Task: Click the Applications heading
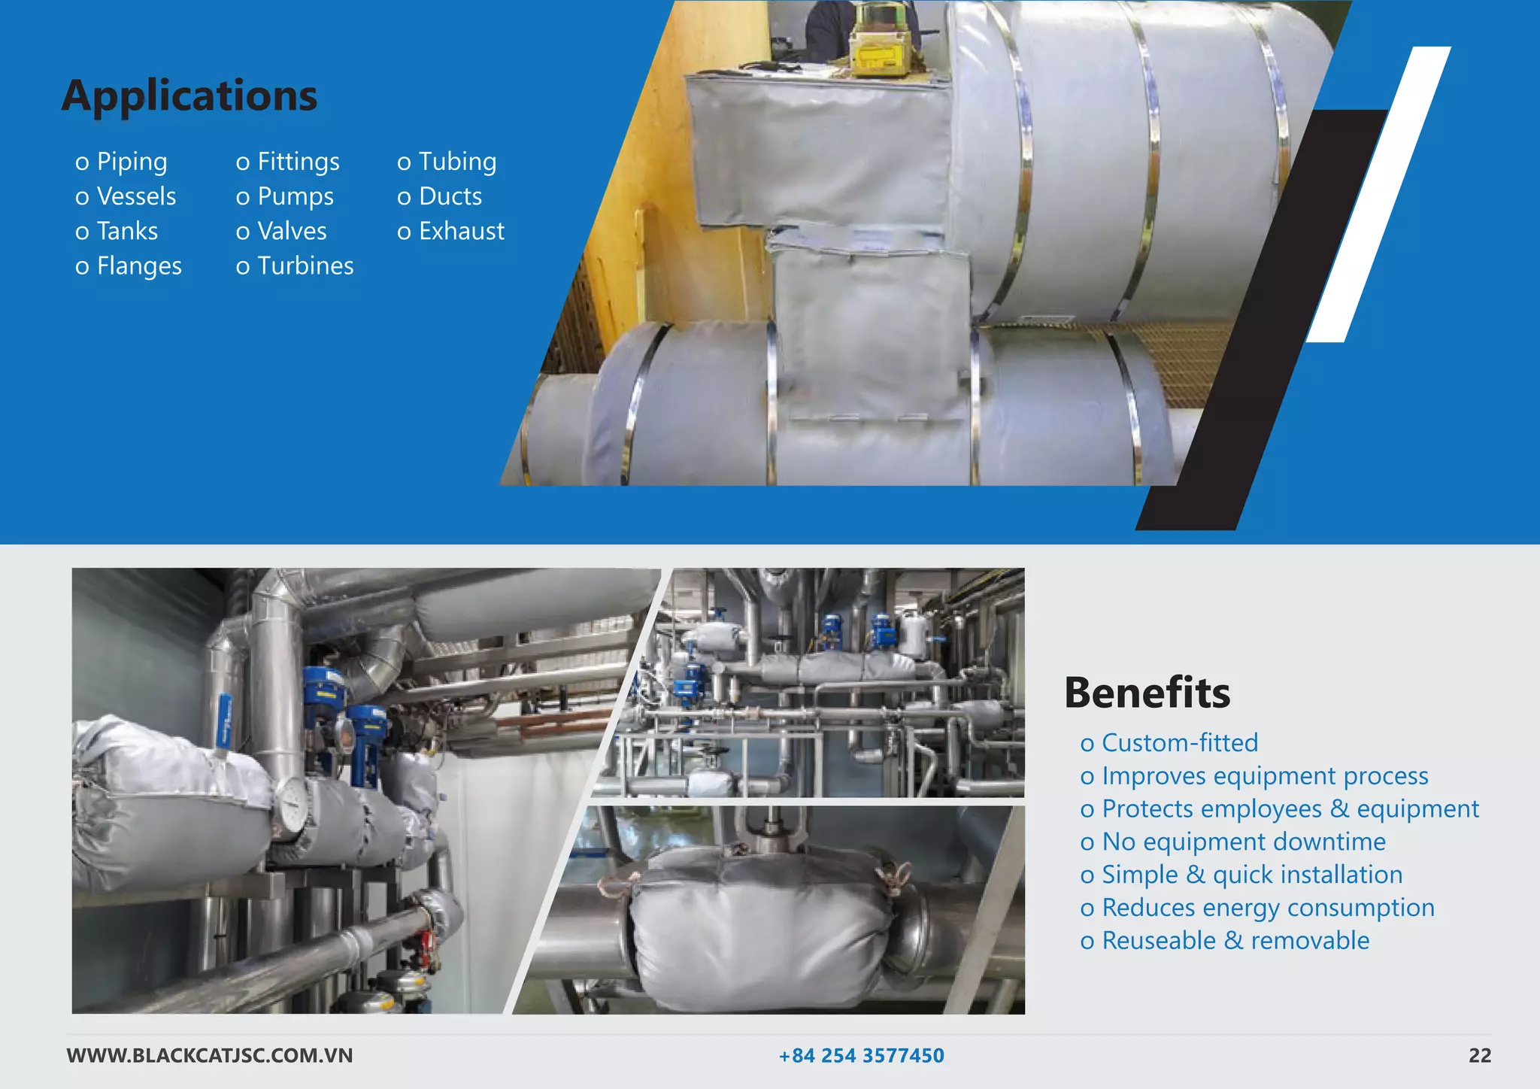(189, 96)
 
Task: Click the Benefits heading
(1147, 692)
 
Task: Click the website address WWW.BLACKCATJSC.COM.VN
(210, 1056)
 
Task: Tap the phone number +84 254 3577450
(861, 1056)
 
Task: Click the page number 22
(1479, 1056)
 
